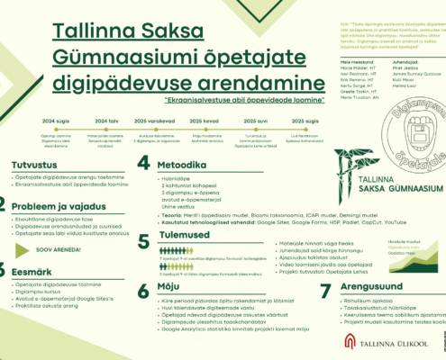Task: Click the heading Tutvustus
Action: (34, 165)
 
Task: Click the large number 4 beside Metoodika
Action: (143, 163)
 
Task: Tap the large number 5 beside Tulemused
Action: (143, 240)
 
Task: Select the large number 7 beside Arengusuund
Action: (327, 290)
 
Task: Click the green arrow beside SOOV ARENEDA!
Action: (25, 247)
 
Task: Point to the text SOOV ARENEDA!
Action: (57, 247)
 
